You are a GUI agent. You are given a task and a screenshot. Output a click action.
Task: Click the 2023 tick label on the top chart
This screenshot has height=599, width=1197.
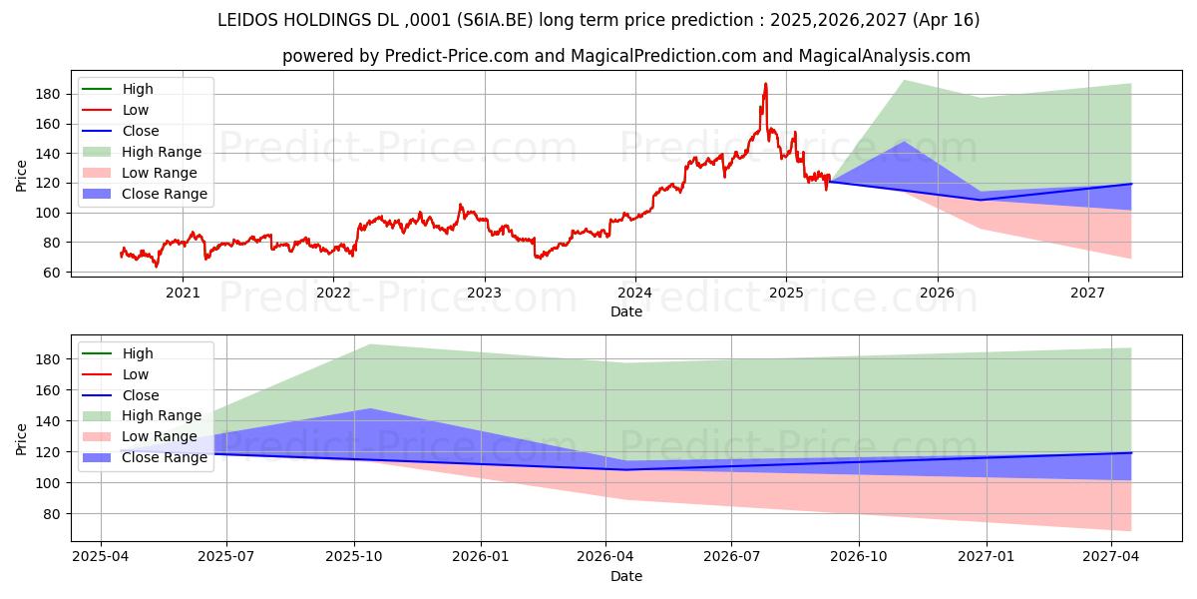(484, 293)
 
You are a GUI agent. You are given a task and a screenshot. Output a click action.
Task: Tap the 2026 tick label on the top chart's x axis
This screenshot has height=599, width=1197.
(937, 293)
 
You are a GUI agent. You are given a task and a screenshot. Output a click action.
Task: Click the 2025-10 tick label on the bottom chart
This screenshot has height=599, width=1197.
(354, 557)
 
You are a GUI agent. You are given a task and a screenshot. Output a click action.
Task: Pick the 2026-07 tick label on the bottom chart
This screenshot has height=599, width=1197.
(731, 557)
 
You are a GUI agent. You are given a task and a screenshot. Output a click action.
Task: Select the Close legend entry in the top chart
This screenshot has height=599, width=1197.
(141, 131)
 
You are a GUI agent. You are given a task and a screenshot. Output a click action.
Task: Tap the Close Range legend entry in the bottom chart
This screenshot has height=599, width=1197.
(165, 457)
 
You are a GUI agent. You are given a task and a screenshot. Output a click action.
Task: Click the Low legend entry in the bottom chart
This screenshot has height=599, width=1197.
(136, 374)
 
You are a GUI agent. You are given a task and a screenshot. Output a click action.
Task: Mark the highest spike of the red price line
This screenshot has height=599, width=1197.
(766, 84)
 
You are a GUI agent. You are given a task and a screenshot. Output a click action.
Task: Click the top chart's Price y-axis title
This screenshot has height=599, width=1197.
(22, 176)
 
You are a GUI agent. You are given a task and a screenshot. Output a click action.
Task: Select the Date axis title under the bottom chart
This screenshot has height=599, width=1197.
(626, 576)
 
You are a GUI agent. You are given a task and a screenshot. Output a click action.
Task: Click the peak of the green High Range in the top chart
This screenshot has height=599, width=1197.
(903, 80)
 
